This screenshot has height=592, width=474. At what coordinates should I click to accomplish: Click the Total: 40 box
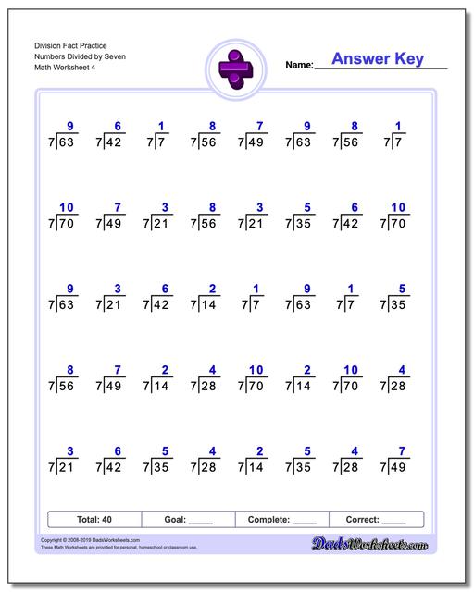point(94,520)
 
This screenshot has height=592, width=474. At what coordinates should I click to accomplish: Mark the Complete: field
point(282,520)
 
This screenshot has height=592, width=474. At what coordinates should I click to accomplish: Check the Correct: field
point(375,520)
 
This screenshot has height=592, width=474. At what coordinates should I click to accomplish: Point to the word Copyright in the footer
point(54,537)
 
